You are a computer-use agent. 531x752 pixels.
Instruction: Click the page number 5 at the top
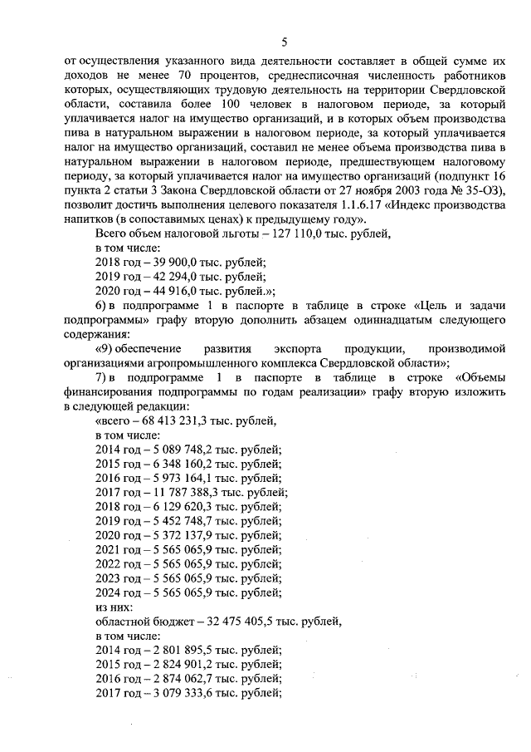point(284,42)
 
